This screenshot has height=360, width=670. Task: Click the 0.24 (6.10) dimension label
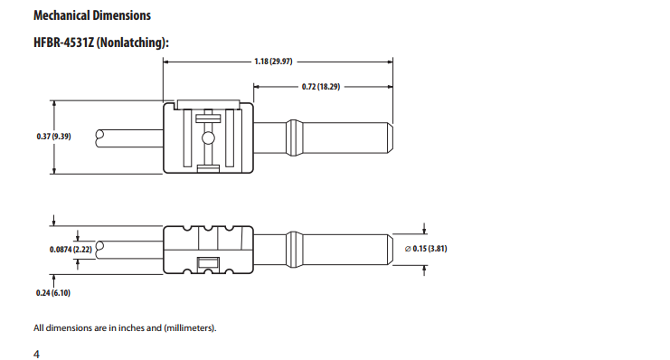[52, 294]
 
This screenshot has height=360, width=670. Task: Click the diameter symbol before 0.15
[408, 248]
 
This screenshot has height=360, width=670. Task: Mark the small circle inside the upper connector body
[208, 138]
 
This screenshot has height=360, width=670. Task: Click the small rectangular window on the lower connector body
[208, 263]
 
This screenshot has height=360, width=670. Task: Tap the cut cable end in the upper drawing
[102, 137]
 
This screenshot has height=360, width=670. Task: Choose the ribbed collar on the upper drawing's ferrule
[293, 137]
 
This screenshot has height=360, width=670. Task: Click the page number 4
[36, 354]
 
